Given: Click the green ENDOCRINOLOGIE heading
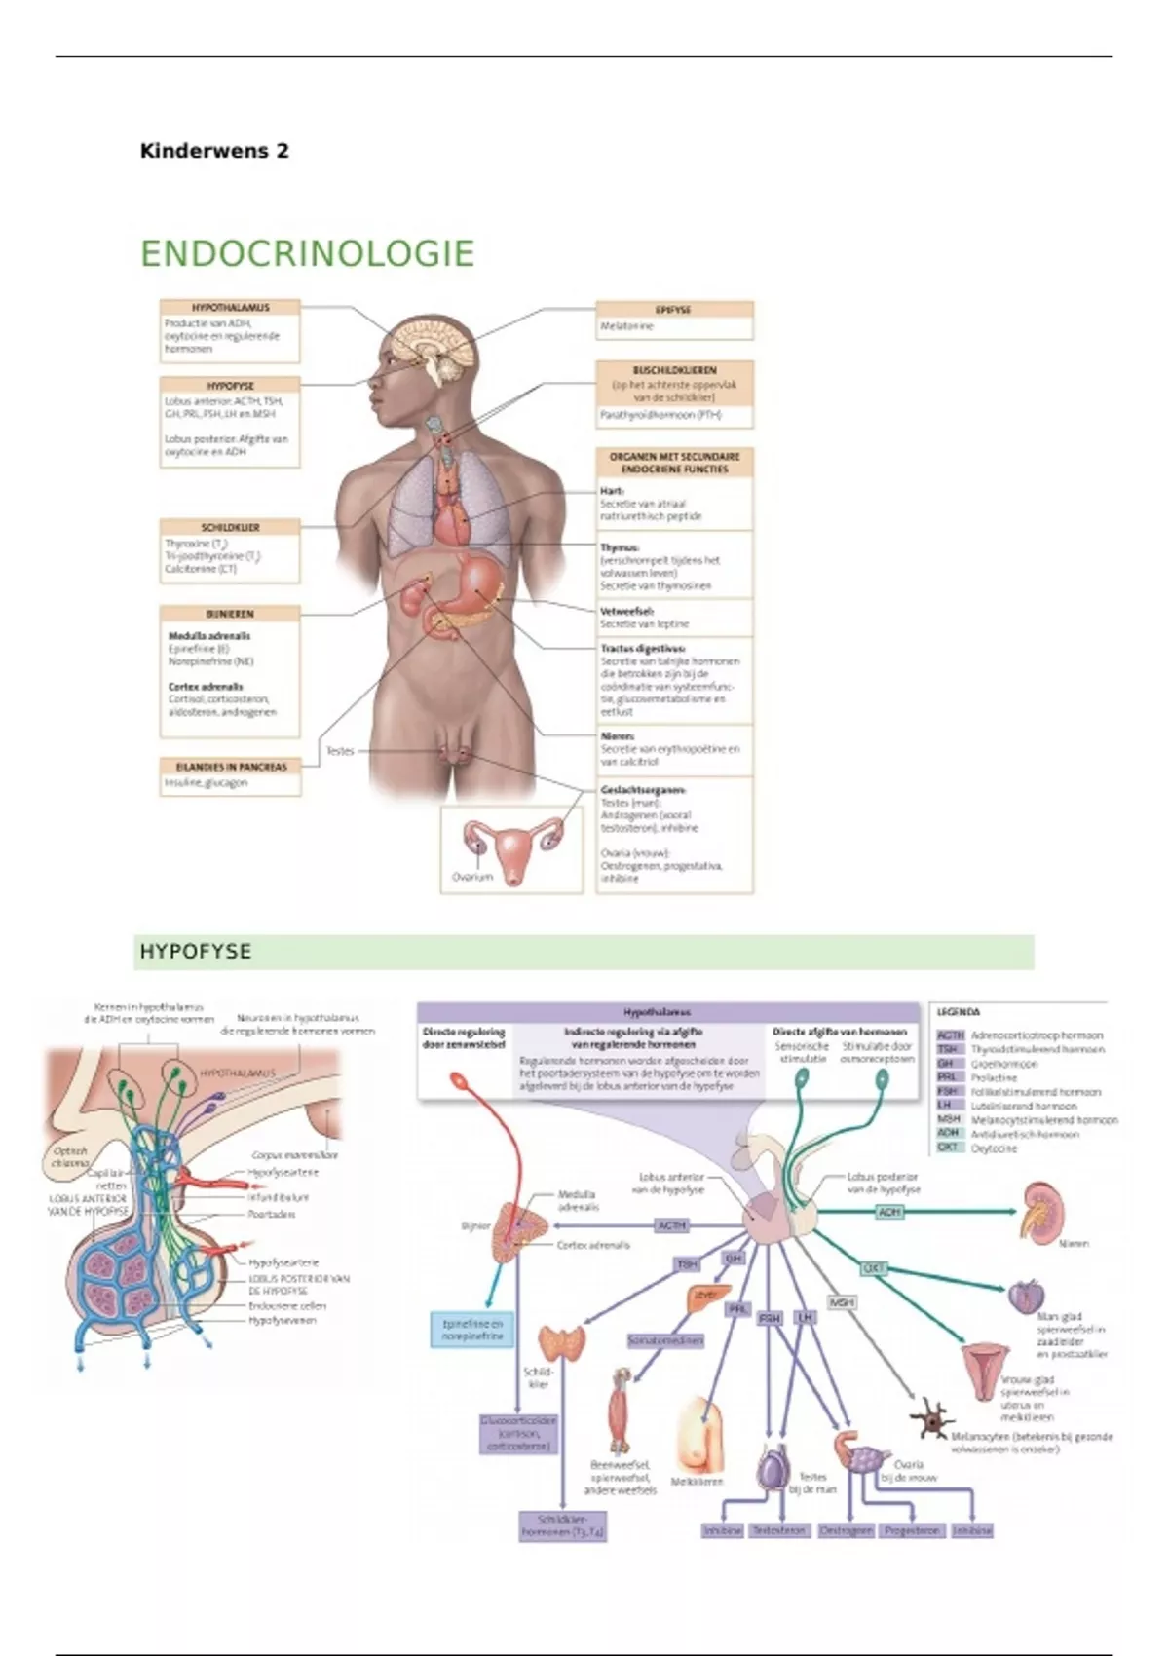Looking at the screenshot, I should pos(307,253).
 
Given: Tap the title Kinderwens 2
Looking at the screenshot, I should pos(214,151).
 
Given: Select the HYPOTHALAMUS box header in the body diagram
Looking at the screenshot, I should pos(230,307).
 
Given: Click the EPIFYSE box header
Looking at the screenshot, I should pos(674,309).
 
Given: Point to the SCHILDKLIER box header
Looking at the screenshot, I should pos(230,527).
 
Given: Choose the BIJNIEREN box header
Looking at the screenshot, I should pos(230,614).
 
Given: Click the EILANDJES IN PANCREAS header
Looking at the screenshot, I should pos(230,767).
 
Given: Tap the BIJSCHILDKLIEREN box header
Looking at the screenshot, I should pos(674,370).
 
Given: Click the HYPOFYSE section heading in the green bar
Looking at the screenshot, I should pos(196,952).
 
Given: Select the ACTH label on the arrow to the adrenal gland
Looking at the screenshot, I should pos(672,1225).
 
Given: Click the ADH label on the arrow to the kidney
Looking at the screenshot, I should pos(889,1212).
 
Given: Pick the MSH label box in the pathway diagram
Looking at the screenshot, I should pos(841,1302).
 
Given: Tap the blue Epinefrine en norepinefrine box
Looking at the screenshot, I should pos(472,1331).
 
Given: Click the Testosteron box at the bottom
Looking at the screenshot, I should pos(779,1530).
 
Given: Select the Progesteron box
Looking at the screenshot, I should pos(912,1530).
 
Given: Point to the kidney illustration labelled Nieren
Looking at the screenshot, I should pos(1040,1208).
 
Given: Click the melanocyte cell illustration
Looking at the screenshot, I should pos(932,1421).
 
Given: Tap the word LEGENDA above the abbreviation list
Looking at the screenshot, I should pos(958,1012).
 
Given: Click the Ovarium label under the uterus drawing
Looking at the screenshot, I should pos(472,877).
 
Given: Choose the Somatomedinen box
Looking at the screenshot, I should pos(665,1340).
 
